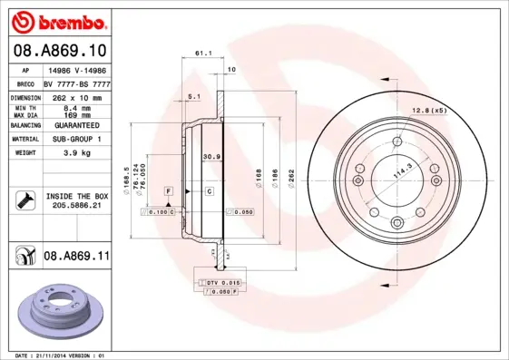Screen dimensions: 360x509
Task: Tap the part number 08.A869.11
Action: (76, 257)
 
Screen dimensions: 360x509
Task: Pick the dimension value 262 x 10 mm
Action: (75, 96)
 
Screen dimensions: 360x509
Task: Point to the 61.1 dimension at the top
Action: (203, 54)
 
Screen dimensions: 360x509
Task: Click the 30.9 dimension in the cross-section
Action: (210, 157)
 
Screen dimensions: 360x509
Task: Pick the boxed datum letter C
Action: (208, 191)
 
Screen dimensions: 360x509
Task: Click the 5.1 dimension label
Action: (192, 95)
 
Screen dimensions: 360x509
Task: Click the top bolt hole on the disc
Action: (396, 142)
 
